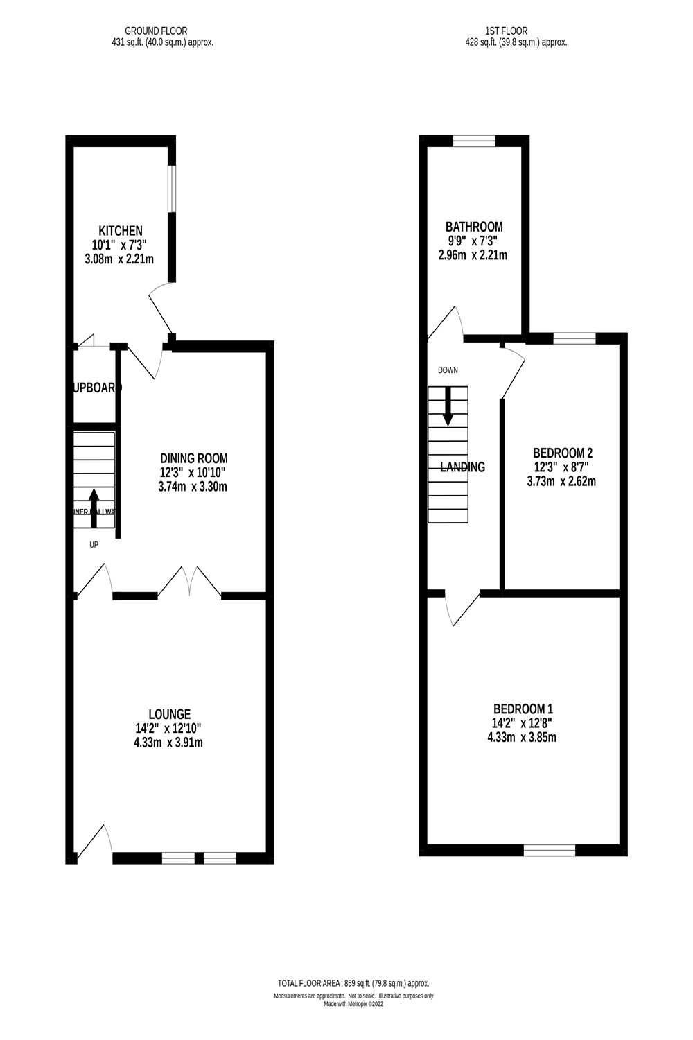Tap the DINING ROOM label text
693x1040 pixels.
(x=193, y=458)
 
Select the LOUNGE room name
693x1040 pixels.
(x=169, y=714)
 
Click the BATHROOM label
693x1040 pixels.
(x=474, y=227)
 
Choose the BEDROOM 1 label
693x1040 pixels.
(x=523, y=709)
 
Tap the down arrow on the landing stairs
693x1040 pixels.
(x=448, y=406)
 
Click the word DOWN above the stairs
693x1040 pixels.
(x=448, y=370)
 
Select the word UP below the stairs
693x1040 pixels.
(x=94, y=545)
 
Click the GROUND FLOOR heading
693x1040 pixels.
(x=156, y=31)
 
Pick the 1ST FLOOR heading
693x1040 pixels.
(x=507, y=31)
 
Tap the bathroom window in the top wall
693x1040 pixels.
(x=475, y=141)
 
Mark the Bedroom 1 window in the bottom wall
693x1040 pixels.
(x=550, y=850)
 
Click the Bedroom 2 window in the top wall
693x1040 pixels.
(x=574, y=339)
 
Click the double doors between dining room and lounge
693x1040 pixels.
(x=189, y=582)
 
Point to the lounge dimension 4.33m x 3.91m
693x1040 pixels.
(x=169, y=743)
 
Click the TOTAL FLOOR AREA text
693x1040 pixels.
(x=353, y=983)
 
